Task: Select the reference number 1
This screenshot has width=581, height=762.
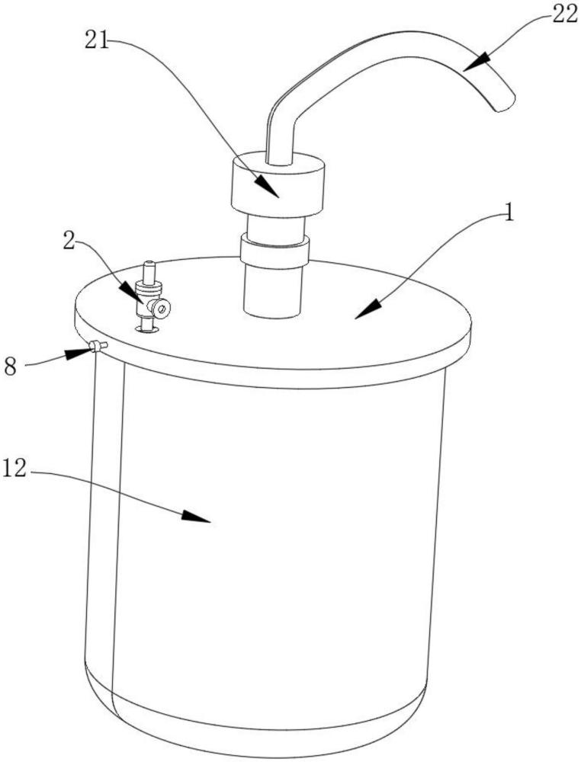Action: click(x=509, y=213)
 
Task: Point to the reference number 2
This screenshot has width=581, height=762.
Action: click(x=69, y=242)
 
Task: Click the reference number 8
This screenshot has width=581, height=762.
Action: click(x=11, y=366)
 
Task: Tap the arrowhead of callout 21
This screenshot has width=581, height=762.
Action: click(x=267, y=186)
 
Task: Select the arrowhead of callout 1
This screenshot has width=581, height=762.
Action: click(x=368, y=309)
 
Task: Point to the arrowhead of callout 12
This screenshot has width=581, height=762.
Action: click(x=196, y=516)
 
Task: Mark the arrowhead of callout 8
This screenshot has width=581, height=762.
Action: click(x=79, y=351)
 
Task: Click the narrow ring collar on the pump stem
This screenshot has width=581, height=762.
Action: click(x=274, y=249)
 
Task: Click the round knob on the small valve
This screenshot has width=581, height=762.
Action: click(x=161, y=308)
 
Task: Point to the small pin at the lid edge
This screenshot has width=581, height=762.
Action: click(x=98, y=345)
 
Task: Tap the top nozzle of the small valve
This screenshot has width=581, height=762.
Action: click(x=149, y=272)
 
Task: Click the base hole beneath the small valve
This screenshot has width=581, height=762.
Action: click(x=147, y=329)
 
